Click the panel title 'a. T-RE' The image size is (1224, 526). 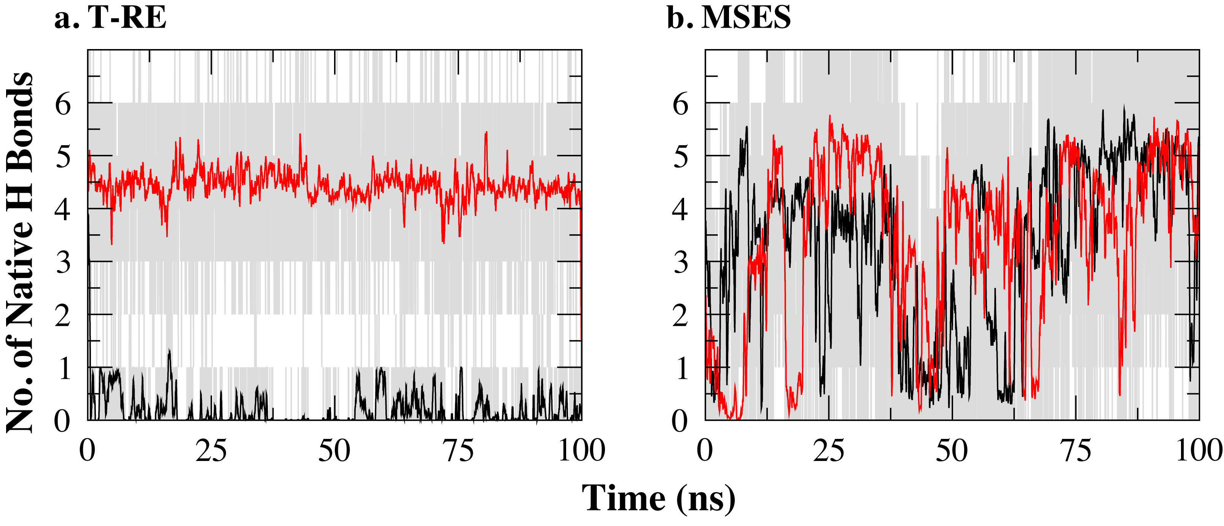(110, 18)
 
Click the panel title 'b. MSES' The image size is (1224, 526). (729, 18)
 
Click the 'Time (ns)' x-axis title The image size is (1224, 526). (659, 499)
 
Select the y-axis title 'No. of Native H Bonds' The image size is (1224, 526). (20, 252)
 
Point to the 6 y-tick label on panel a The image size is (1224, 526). (63, 103)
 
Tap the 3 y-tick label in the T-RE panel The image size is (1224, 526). (63, 262)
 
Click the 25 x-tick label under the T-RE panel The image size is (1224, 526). (211, 450)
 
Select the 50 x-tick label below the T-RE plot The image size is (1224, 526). (334, 450)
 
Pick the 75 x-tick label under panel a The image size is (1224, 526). (458, 450)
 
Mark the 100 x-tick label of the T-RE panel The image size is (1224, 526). (581, 450)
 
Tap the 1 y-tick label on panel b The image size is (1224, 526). (681, 368)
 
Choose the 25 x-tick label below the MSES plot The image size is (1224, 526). (828, 450)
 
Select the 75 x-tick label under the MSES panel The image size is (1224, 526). (1076, 450)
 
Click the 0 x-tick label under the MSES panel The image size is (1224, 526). (705, 450)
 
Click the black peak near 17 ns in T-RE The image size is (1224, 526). (169, 351)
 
